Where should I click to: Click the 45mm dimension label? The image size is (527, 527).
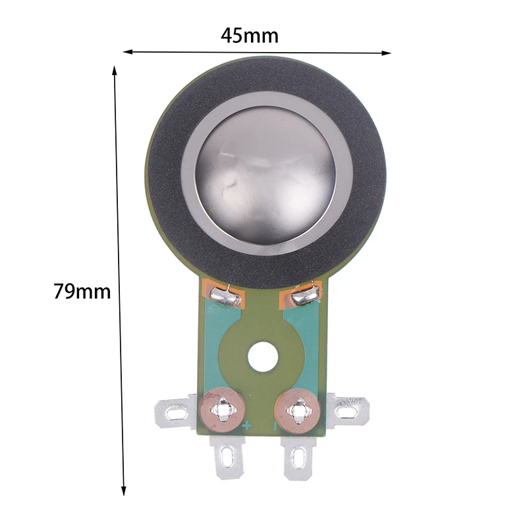pyautogui.click(x=250, y=36)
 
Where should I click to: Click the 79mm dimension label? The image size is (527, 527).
pyautogui.click(x=82, y=291)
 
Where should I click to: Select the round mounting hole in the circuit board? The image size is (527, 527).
pyautogui.click(x=263, y=357)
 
